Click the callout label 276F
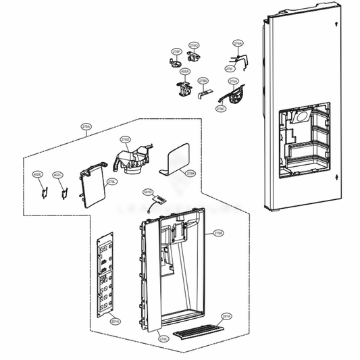click(176, 51)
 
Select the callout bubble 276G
click(194, 45)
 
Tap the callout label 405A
click(185, 70)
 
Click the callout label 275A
click(234, 81)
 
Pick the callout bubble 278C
click(221, 108)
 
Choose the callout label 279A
click(86, 126)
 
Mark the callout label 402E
click(38, 175)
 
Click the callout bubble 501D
click(149, 192)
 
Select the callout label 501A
click(115, 322)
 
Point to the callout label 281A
click(226, 315)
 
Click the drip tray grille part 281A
click(199, 330)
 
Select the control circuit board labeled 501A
click(105, 277)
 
